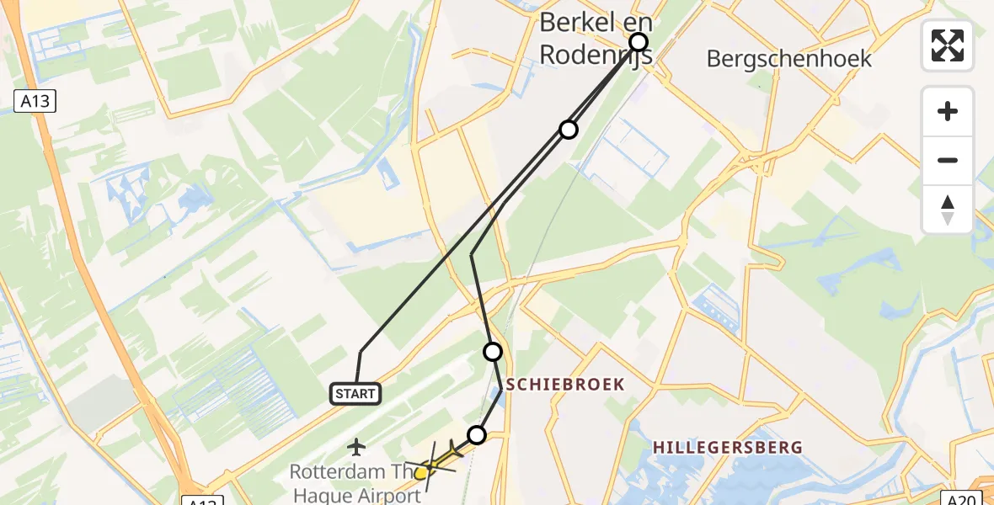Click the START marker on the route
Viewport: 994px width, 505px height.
[x=355, y=393]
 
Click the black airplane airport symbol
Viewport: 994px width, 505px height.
[x=357, y=445]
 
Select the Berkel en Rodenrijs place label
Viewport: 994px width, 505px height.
[x=596, y=39]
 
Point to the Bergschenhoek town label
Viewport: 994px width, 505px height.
[x=789, y=59]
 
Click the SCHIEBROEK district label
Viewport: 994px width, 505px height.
[x=565, y=385]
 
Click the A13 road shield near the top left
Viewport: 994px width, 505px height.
[x=35, y=102]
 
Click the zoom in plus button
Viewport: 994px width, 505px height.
[x=948, y=111]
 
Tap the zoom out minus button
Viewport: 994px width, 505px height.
[x=948, y=160]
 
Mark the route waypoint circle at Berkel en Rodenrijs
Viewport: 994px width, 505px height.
[x=639, y=42]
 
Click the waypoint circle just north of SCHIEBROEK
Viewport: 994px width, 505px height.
[x=493, y=352]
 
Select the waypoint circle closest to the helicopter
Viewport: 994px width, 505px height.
[x=477, y=434]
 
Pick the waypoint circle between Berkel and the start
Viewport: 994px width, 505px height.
[x=569, y=129]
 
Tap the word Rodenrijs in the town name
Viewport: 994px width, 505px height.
[x=596, y=54]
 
